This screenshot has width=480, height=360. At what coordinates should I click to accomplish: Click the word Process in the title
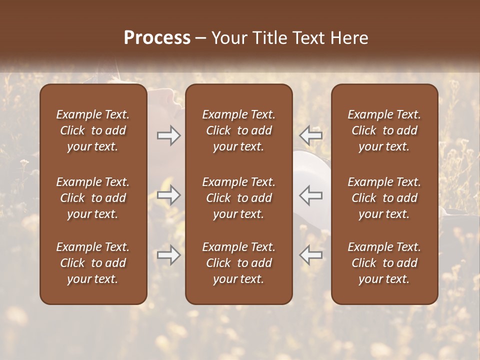click(x=157, y=38)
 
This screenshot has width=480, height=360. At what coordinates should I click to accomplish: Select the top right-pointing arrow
click(x=168, y=135)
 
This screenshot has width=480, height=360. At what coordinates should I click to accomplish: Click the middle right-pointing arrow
click(x=168, y=195)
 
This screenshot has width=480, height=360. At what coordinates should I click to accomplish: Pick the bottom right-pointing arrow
click(x=168, y=255)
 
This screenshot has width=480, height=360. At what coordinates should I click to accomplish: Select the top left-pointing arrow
click(x=311, y=135)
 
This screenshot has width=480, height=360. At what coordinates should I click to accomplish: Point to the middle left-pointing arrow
click(x=311, y=195)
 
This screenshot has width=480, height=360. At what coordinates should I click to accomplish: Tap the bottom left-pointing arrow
click(x=311, y=255)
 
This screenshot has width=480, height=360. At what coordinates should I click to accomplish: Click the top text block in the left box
click(x=93, y=130)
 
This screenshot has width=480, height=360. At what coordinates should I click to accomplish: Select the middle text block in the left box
click(x=93, y=198)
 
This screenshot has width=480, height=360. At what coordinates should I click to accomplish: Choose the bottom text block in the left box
click(x=93, y=263)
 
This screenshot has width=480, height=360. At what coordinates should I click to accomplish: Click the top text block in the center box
click(x=238, y=130)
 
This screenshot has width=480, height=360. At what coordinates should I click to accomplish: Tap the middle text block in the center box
click(x=238, y=198)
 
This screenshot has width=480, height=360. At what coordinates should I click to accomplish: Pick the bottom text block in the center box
click(x=238, y=263)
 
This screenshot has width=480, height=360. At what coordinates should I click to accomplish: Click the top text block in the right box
click(x=384, y=130)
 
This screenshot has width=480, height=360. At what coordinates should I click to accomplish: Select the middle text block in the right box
click(x=384, y=198)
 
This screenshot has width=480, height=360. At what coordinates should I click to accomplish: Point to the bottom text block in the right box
click(x=384, y=263)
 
